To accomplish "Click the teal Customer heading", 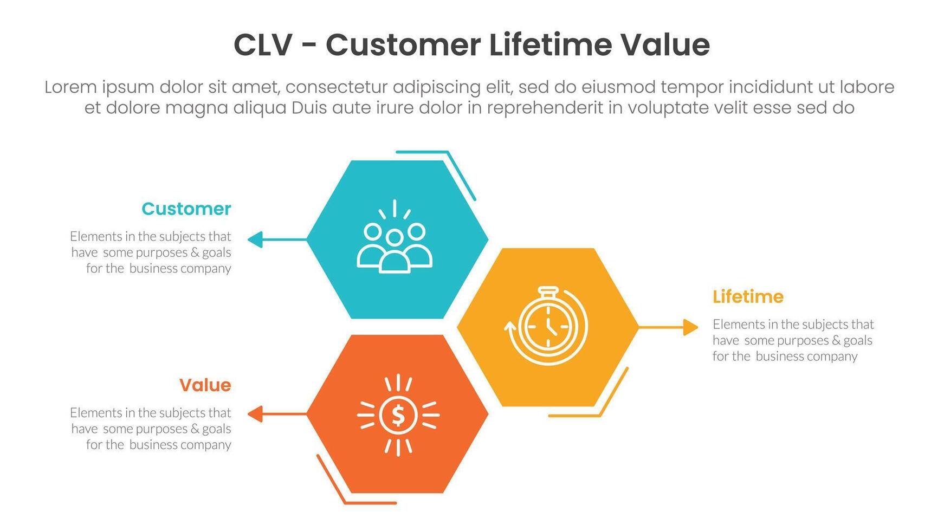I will coord(186,209).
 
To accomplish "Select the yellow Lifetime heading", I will coord(748,297).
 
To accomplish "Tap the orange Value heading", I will coord(205,385).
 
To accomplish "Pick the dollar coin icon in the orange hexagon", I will coord(398,415).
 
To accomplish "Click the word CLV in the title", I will coord(263,45).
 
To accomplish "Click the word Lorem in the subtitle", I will coord(70,87).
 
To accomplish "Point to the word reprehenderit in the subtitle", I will coord(545,108).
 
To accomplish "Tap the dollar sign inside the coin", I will coord(398,416).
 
